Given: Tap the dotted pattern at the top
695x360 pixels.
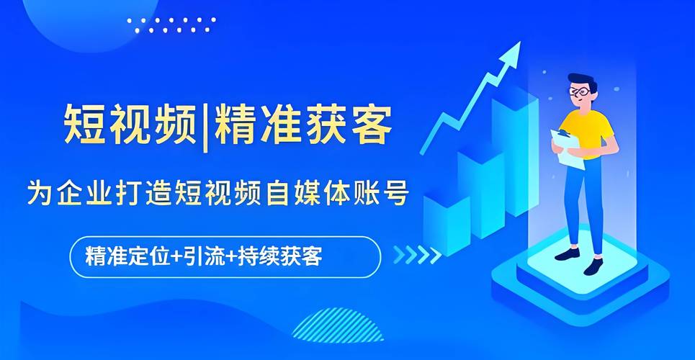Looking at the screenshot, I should [171, 25].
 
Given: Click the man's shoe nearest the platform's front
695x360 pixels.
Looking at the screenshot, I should [593, 266].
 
